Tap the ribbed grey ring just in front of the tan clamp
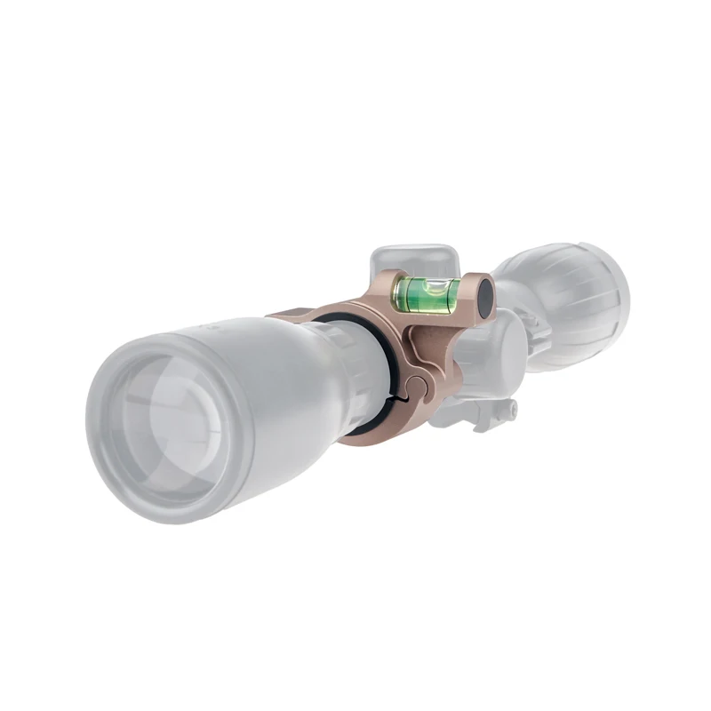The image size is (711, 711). (351, 373)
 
